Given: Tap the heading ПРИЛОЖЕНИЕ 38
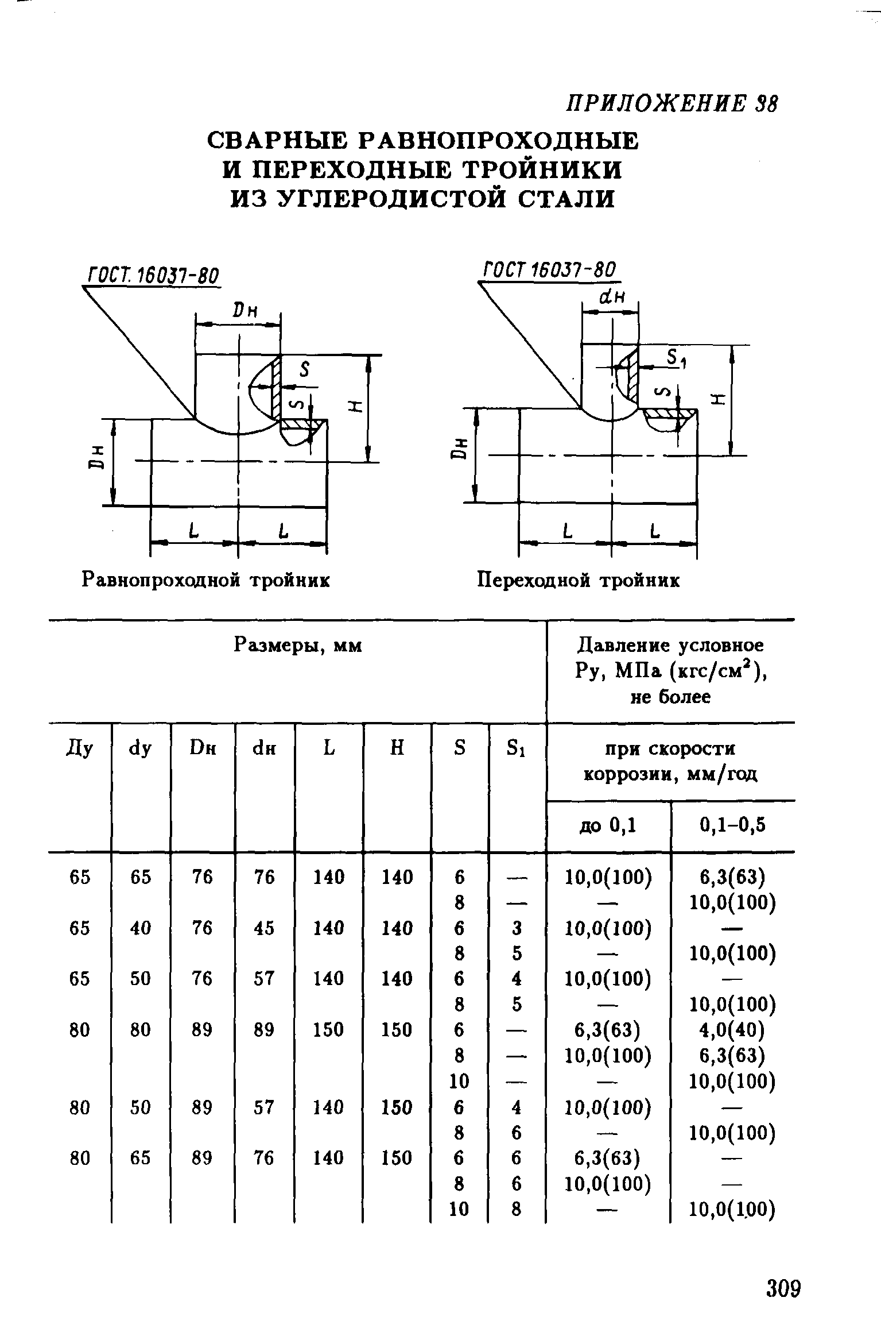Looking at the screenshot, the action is click(x=672, y=105).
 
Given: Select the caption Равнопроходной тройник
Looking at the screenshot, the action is click(x=206, y=580).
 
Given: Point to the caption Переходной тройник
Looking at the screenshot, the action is click(x=579, y=580).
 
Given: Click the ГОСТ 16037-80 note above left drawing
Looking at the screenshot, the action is click(x=153, y=276).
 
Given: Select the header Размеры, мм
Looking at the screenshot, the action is click(x=298, y=646).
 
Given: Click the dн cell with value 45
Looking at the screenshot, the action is click(x=265, y=928).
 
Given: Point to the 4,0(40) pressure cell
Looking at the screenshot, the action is click(x=732, y=1030).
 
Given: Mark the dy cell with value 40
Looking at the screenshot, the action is click(x=141, y=928).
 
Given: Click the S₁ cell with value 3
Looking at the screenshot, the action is click(x=517, y=928).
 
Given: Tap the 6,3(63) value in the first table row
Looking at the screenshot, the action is click(x=732, y=877).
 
